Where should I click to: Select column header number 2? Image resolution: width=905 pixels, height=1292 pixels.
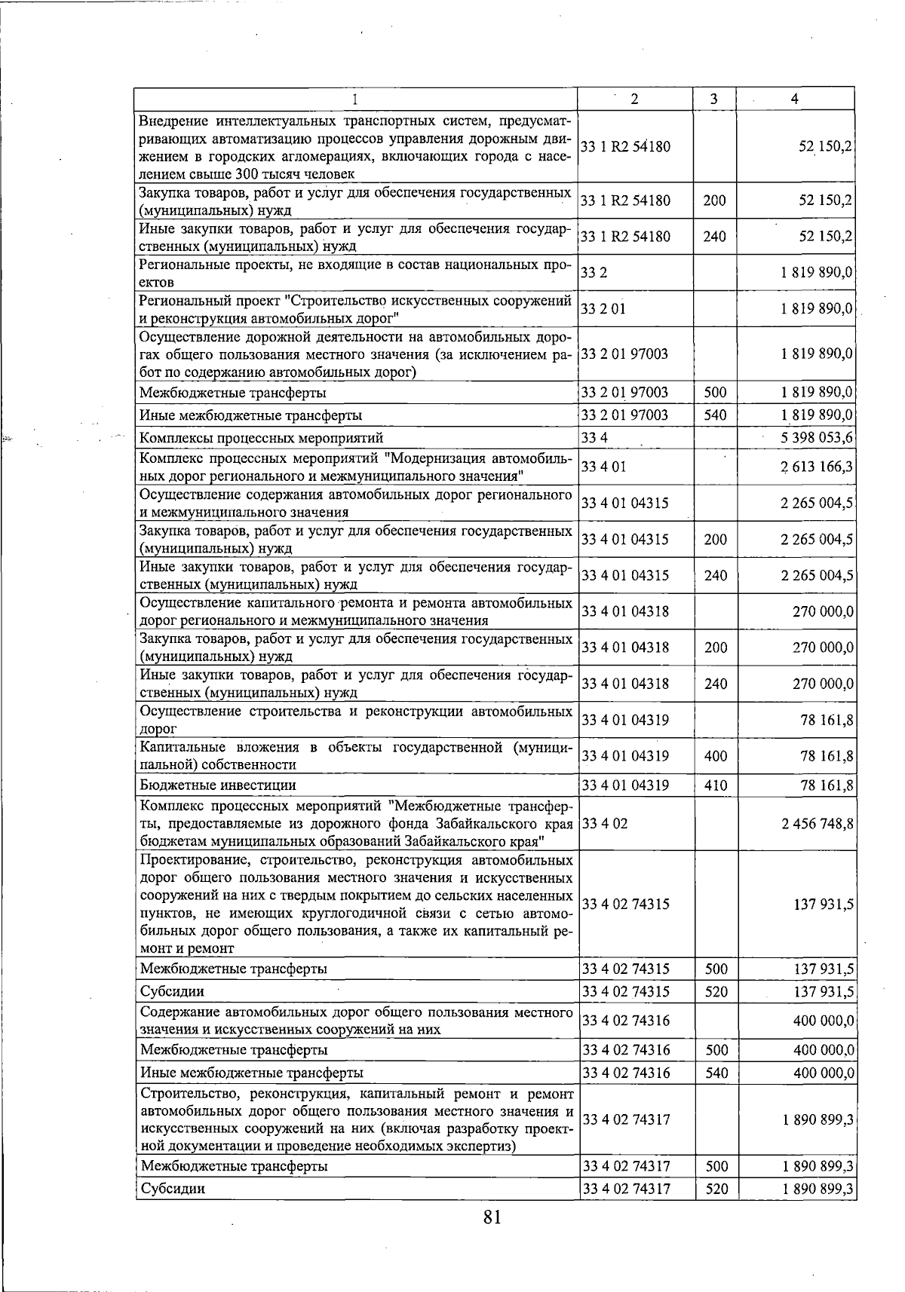tap(634, 99)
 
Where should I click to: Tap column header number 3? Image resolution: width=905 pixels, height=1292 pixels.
tap(713, 99)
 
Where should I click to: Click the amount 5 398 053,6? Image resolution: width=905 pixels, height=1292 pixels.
tap(817, 438)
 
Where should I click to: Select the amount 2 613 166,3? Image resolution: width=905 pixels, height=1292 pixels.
tap(817, 467)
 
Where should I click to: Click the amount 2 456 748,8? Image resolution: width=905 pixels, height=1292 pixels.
tap(817, 824)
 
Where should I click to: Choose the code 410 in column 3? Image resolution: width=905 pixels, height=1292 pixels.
tap(715, 785)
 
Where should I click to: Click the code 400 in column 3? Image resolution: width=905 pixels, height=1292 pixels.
tap(715, 756)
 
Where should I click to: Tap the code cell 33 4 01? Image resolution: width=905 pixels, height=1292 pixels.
tap(604, 467)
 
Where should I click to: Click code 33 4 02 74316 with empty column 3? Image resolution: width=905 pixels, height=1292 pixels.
tap(626, 1021)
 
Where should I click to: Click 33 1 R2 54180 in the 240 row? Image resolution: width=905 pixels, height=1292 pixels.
tap(626, 237)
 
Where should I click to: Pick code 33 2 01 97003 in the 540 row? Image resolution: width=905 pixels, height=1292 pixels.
tap(626, 415)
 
